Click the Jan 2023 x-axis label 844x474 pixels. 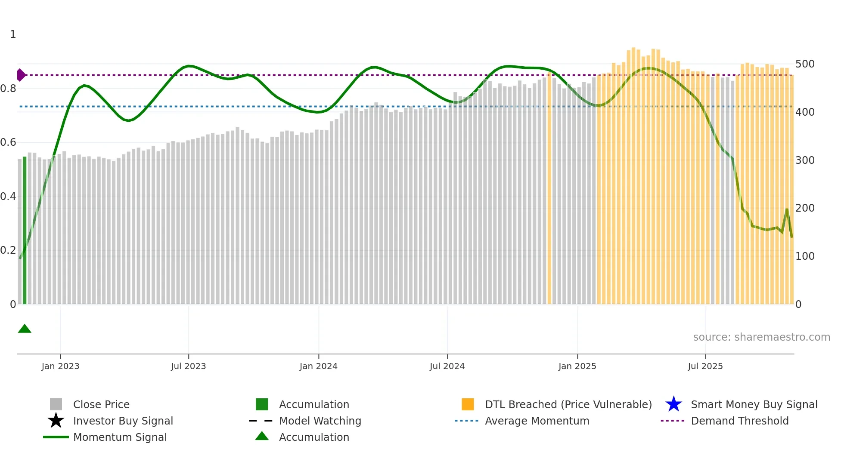tap(60, 366)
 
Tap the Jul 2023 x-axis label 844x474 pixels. tap(188, 366)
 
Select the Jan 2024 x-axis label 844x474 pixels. tap(318, 366)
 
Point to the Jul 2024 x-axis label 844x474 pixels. tap(447, 366)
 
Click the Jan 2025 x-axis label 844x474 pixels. tap(577, 366)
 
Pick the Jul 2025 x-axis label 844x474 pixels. tap(705, 366)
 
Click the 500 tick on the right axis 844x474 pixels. tap(805, 64)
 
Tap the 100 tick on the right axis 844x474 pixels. tap(805, 256)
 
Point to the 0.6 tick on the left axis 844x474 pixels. tap(8, 142)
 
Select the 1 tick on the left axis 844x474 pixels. tap(13, 34)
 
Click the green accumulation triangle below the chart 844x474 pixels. tap(25, 329)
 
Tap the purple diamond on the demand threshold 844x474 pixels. tap(21, 75)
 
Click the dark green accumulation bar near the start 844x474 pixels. tap(25, 231)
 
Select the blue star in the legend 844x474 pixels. tap(673, 404)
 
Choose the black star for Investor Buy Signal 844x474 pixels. tap(56, 421)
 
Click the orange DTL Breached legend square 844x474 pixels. tap(468, 404)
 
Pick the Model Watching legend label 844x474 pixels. tap(320, 421)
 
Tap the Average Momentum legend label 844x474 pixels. tap(537, 421)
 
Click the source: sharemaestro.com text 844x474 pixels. tap(761, 337)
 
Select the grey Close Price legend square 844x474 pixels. tap(56, 404)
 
